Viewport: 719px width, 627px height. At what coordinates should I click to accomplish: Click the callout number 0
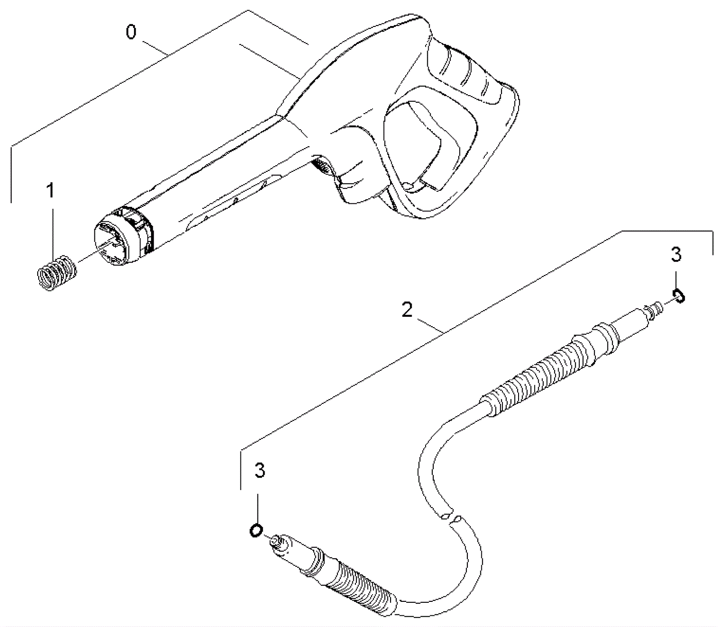coord(131,32)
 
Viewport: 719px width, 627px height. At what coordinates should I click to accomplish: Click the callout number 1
coord(51,190)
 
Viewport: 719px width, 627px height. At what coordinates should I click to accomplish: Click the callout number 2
coord(407,310)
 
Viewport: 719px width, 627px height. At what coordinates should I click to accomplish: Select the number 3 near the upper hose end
coord(676,254)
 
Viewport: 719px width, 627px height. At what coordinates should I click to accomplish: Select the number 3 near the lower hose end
coord(260,470)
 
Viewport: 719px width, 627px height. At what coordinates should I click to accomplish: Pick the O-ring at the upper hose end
coord(678,296)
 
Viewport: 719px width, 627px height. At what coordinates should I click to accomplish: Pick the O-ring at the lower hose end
coord(256,530)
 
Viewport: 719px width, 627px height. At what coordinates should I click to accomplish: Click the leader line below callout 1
coord(52,229)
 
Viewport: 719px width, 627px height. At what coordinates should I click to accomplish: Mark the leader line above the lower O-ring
coord(257,507)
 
